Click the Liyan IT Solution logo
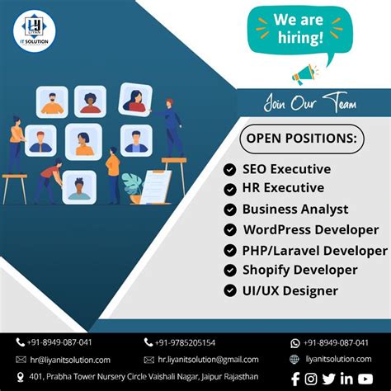[32, 31]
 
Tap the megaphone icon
[304, 74]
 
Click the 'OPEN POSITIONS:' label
[301, 138]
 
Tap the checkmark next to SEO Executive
[229, 169]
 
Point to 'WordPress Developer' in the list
[309, 229]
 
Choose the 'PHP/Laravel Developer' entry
[314, 250]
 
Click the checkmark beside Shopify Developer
[229, 270]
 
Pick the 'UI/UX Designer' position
[290, 290]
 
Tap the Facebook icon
[294, 379]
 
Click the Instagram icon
[311, 379]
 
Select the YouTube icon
[365, 379]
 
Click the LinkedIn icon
[346, 379]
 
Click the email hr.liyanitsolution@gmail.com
[207, 360]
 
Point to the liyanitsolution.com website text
[338, 360]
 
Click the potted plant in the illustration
[133, 187]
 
